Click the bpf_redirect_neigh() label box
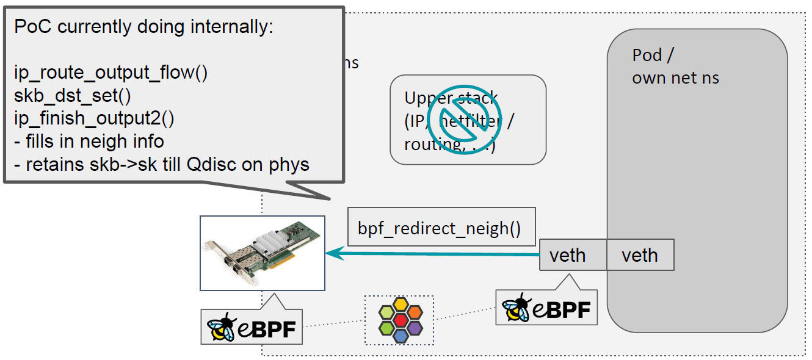point(439,229)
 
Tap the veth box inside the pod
point(640,254)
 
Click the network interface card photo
point(263,253)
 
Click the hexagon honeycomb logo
point(399,320)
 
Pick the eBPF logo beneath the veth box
point(546,309)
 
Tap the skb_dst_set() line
point(83,95)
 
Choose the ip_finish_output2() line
point(94,118)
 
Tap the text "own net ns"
point(675,77)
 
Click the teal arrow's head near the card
point(333,253)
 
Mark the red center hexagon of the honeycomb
point(400,320)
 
